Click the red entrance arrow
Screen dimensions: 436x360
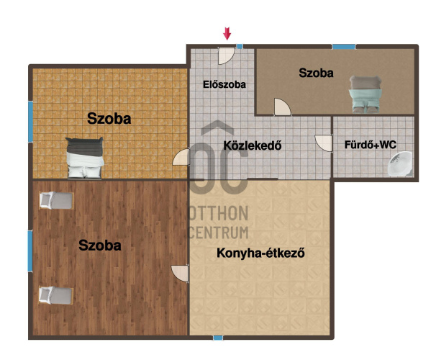click(227, 33)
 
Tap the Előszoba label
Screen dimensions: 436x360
click(224, 84)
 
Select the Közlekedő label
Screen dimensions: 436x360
click(253, 145)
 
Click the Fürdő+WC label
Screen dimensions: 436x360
click(371, 145)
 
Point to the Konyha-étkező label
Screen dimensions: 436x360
click(260, 253)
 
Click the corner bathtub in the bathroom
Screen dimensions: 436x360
click(400, 164)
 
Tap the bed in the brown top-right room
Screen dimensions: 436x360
click(365, 94)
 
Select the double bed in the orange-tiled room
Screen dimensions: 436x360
click(85, 158)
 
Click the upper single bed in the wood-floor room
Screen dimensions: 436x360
click(56, 200)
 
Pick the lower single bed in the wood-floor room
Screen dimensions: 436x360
click(56, 295)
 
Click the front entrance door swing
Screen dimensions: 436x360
click(227, 55)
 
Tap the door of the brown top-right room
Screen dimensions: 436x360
click(282, 107)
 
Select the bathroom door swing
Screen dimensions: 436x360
click(324, 143)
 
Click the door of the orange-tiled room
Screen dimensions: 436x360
click(181, 157)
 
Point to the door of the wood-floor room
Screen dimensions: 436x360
click(180, 274)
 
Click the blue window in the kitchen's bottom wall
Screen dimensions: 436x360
click(218, 338)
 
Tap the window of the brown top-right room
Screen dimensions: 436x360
click(344, 47)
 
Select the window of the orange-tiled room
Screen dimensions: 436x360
click(30, 122)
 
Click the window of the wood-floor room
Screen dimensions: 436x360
click(30, 251)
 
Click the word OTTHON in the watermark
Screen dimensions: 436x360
click(219, 214)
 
